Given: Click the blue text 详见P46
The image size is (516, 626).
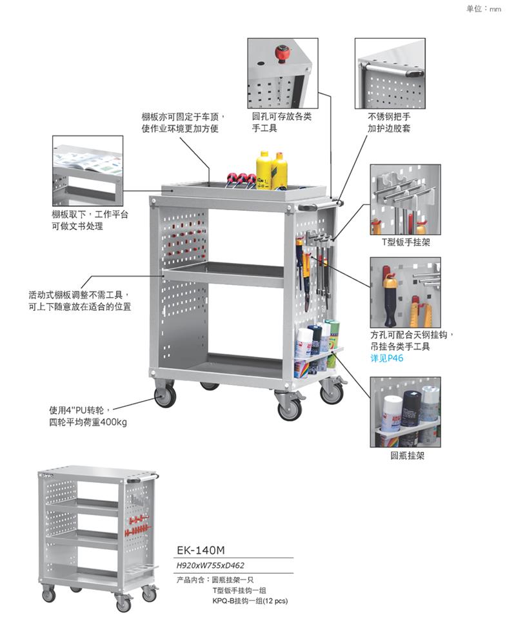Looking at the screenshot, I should click(386, 358).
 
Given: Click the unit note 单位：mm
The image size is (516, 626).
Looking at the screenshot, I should click(484, 9).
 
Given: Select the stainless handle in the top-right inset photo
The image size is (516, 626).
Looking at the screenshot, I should click(390, 67).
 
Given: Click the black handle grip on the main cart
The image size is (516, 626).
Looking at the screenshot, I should click(308, 208).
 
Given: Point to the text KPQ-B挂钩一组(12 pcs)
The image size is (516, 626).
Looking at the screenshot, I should click(250, 600).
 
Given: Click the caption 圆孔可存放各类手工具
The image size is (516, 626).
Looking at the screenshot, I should click(282, 122).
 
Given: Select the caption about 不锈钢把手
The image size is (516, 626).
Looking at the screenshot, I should click(390, 122).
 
